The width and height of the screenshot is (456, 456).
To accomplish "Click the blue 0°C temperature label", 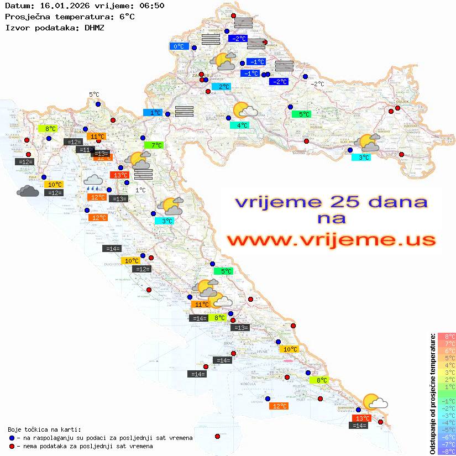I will [x=179, y=46].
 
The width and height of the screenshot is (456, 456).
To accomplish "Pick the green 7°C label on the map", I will [x=153, y=145].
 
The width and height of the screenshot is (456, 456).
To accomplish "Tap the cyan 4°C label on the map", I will [x=239, y=125].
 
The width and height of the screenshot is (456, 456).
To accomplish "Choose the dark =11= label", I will [x=85, y=150].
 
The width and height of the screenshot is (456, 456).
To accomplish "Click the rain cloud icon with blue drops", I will [x=92, y=182].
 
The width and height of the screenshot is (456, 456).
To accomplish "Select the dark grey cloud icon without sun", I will [x=28, y=191].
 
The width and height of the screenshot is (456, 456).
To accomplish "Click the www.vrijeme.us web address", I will [x=331, y=240].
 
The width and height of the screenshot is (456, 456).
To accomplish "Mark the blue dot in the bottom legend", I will [x=12, y=438].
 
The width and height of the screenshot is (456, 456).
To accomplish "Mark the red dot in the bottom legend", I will [x=12, y=446].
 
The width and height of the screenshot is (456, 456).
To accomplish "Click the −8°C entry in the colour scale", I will [x=447, y=451].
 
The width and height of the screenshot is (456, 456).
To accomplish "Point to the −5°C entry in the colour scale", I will [x=447, y=429].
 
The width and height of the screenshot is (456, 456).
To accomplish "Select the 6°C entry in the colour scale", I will [x=447, y=350].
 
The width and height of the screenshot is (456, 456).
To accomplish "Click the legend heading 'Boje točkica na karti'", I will [x=44, y=429].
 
